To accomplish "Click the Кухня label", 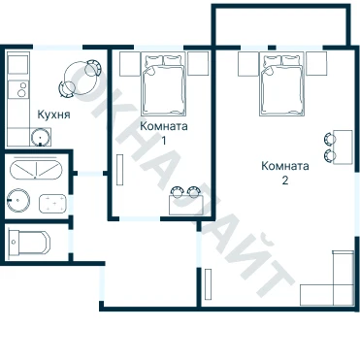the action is pos(53,115).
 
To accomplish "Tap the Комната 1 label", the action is pos(164,133).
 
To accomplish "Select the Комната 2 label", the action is pos(285,173).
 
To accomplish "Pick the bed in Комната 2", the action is pos(282,85).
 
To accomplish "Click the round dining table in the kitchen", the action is pos(80,78).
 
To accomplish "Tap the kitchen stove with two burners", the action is pos(18,89).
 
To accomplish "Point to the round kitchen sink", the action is pos(41,137).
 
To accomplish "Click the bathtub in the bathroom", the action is pos(36,169).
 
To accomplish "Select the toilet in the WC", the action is pos(29,243).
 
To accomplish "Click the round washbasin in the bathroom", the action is pos(18,201).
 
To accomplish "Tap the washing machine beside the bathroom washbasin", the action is pos(52,204).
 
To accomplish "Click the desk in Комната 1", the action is pos(186,205).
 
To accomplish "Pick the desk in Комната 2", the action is pos(343,147).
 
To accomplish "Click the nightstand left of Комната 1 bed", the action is pos(129,64).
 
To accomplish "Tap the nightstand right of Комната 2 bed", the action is pos(316,64).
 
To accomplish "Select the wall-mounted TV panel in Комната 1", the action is pos(120,170).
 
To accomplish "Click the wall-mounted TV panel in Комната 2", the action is pos(209,283).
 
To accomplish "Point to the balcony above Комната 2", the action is pos(281,25).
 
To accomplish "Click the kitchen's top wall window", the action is pos(58,48).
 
